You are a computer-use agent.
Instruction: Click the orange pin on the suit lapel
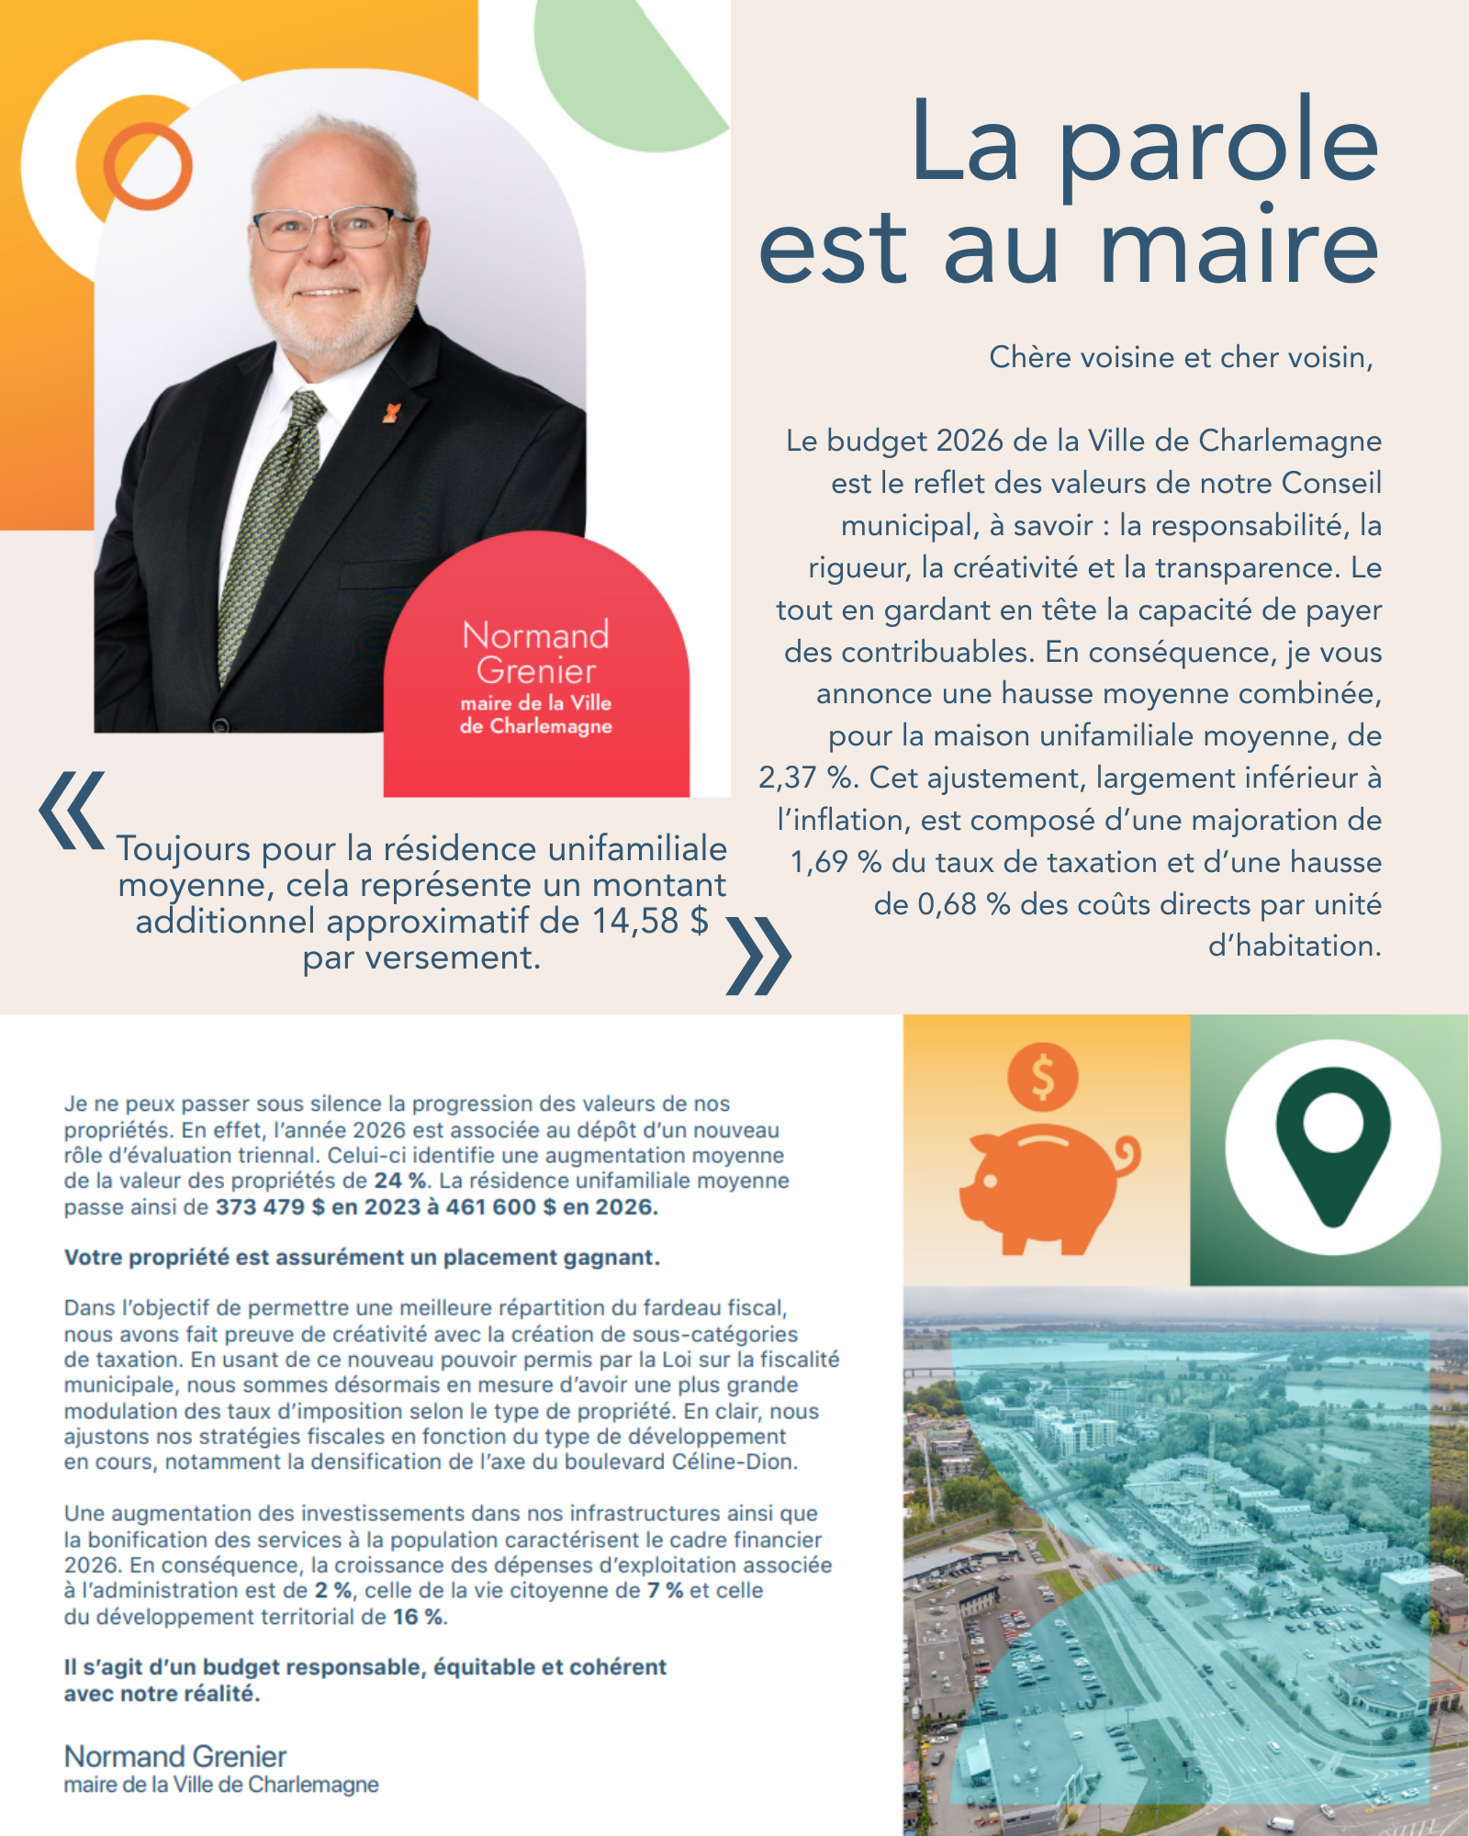(x=392, y=413)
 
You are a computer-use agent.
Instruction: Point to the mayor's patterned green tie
(x=272, y=523)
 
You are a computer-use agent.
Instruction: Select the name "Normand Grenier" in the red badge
(x=536, y=653)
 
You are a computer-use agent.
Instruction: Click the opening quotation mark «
(x=72, y=810)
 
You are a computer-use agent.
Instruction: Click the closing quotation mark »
(x=758, y=956)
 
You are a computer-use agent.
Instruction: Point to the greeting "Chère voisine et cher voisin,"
(x=1181, y=357)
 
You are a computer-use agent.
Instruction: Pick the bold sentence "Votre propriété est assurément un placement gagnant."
(x=362, y=1258)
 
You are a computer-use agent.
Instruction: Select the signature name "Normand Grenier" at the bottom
(x=175, y=1756)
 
